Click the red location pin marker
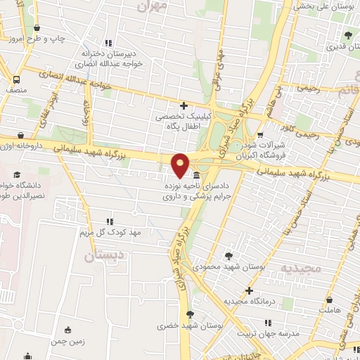(x=181, y=165)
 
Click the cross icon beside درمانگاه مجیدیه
(x=247, y=290)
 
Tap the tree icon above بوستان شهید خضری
(x=190, y=314)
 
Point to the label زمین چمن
(x=67, y=342)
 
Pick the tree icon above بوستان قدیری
(x=348, y=34)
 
